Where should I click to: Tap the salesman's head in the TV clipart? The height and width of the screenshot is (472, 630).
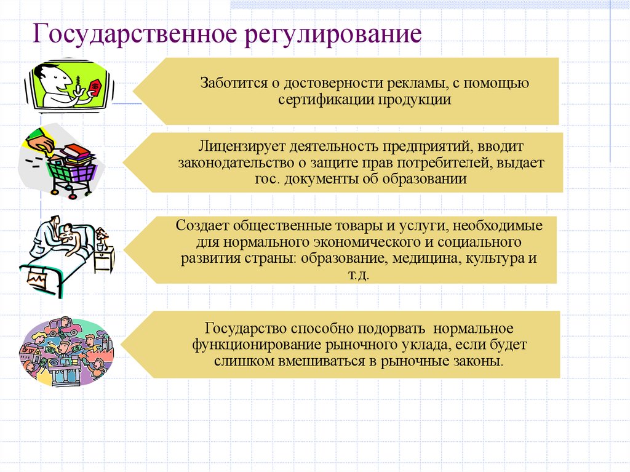click(48, 78)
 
